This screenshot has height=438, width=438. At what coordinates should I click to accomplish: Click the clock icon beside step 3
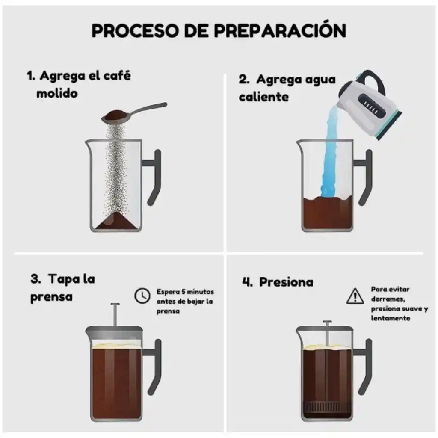tap(142, 296)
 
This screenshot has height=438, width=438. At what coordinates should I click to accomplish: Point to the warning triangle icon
tap(355, 296)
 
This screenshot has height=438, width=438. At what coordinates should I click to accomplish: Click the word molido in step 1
tap(57, 93)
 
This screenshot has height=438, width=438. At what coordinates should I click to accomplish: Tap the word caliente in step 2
tap(263, 97)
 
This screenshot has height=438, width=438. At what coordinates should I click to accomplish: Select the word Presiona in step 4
tap(286, 282)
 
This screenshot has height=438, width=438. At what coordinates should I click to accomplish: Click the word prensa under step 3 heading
tap(51, 296)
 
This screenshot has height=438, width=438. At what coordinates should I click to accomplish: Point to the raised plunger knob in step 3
tap(115, 304)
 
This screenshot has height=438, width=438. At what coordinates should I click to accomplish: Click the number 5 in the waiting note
tap(183, 292)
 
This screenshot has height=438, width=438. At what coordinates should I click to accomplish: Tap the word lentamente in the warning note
tap(391, 318)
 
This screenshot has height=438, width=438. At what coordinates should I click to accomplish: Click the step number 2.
tap(244, 80)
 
